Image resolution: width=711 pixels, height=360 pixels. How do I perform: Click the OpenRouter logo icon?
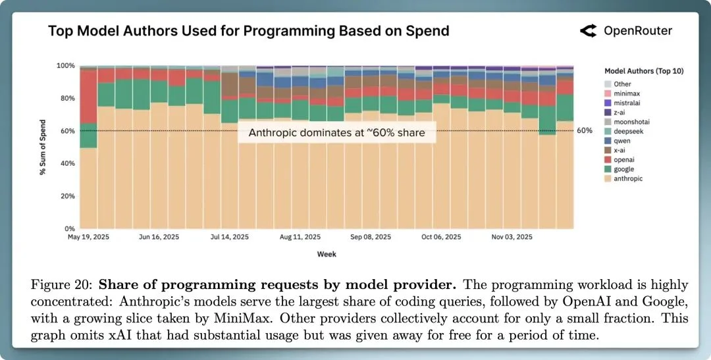coord(588,30)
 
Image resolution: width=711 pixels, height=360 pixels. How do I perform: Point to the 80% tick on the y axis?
coord(66,99)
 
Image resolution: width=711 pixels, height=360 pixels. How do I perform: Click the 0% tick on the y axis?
coord(68,229)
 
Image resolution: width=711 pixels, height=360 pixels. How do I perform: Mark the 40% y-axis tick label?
coord(66,164)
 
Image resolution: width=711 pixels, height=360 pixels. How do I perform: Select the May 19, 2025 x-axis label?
coord(88,237)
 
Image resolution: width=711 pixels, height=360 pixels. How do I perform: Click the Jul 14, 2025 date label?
coord(229,237)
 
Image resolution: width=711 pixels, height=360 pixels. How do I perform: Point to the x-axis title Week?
coord(326,254)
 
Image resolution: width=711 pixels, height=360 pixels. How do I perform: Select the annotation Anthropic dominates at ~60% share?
coord(336,133)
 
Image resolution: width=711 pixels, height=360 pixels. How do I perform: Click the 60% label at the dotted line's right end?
coord(585,131)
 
